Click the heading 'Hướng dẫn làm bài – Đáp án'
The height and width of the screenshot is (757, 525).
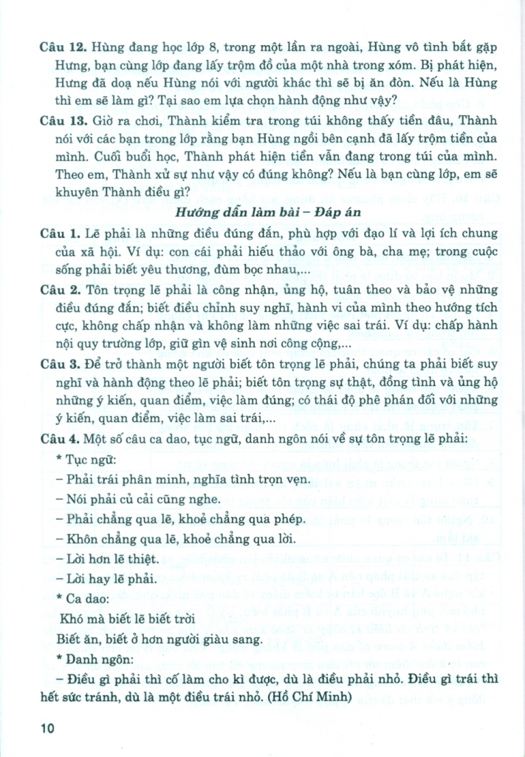262,212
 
